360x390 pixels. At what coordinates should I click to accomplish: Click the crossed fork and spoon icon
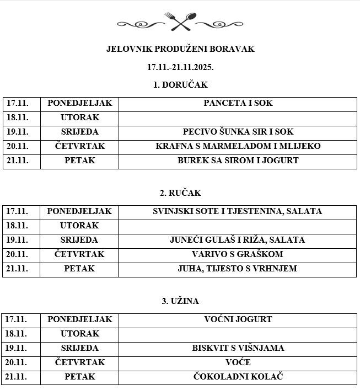pos(180,22)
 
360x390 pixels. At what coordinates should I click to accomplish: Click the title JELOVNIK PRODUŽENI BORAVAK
pos(180,49)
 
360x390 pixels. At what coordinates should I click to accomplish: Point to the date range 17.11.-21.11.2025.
pos(180,67)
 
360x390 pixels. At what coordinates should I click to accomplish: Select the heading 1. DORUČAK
pos(180,85)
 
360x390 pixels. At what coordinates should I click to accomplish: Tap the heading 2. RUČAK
pos(180,193)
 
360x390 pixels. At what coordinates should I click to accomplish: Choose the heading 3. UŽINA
pos(180,301)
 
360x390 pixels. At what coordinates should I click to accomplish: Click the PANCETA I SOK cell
pos(238,103)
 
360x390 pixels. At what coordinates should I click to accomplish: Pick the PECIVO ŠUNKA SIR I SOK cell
pos(238,132)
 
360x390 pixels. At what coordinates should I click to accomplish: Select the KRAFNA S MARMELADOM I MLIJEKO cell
pos(238,146)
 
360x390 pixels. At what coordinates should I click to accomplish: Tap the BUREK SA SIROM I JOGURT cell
pos(238,161)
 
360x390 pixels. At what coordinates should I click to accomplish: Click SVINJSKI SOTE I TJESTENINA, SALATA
pos(238,211)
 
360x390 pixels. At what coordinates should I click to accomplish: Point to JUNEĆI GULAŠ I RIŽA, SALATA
pos(238,240)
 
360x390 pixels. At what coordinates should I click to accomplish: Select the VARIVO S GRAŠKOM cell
pos(238,254)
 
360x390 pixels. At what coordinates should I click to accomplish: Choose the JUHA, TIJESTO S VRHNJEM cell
pos(238,269)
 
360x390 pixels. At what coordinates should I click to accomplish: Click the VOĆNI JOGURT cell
pos(238,319)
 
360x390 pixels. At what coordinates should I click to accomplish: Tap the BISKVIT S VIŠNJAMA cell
pos(238,348)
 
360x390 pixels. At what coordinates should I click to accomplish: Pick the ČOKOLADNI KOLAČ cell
pos(238,377)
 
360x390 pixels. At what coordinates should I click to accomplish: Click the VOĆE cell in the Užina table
pos(238,362)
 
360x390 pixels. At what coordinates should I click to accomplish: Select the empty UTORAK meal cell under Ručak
pos(238,226)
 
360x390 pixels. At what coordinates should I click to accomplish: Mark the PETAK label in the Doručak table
pos(79,161)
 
